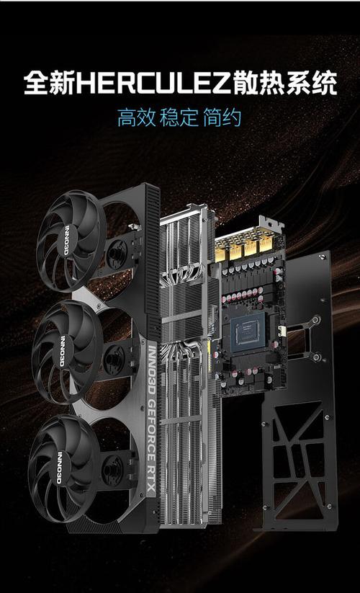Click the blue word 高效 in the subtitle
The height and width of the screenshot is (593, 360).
click(137, 117)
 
